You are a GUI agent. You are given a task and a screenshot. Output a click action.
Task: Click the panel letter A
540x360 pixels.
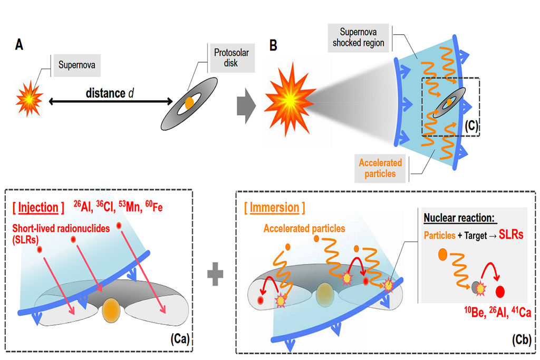tap(19, 45)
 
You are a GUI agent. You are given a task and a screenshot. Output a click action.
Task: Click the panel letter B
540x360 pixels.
tap(273, 45)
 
